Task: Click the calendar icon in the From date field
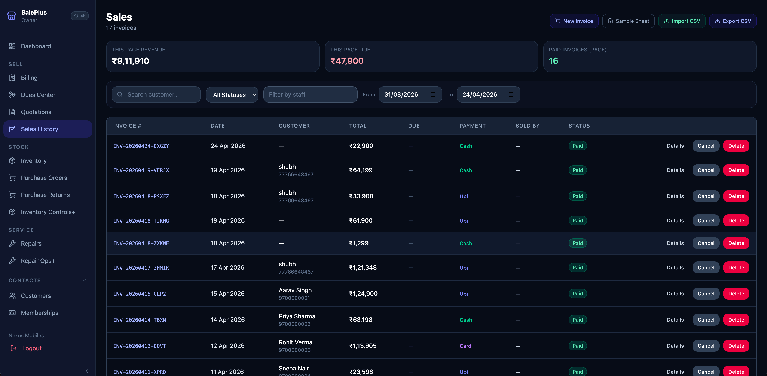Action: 433,94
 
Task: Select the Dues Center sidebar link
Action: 38,95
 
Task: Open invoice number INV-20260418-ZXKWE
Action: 141,243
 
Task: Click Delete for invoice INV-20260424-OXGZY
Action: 736,146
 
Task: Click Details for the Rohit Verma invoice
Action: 675,346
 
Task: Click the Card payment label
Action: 465,346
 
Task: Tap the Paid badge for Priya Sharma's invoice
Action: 577,320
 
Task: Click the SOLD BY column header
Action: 527,126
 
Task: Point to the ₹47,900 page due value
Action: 347,61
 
